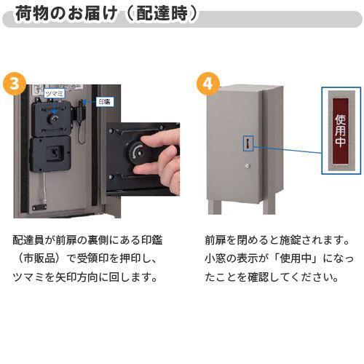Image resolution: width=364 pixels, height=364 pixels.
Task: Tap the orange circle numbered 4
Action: tap(208, 82)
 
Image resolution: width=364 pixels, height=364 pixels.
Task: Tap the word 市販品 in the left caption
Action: tap(52, 258)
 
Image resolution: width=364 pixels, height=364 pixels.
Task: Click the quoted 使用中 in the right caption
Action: tap(298, 258)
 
